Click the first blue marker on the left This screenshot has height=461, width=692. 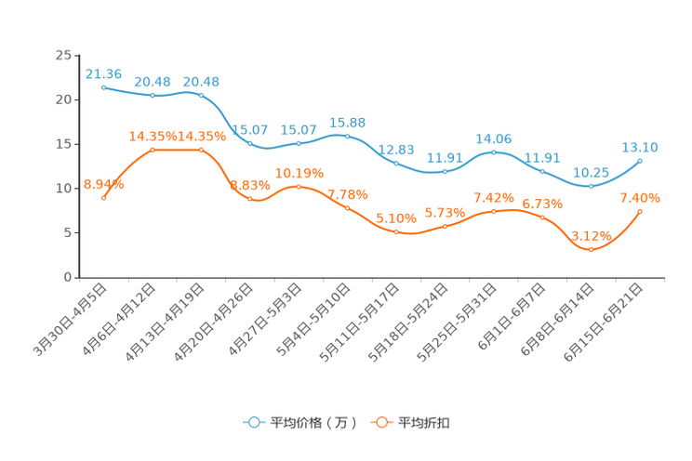[x=103, y=86]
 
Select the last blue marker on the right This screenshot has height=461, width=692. [x=640, y=161]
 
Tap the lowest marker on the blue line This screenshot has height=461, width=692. [x=591, y=186]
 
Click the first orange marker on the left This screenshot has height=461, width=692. [x=103, y=196]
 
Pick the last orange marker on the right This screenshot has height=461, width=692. [x=640, y=212]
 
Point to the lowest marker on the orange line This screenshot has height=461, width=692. [x=591, y=249]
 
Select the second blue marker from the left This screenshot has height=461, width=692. [x=153, y=95]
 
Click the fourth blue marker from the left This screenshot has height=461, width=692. [x=250, y=143]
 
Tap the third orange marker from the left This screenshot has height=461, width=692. [x=201, y=149]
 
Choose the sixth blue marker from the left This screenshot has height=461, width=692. [x=347, y=136]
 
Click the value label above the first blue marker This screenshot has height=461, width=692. [x=103, y=73]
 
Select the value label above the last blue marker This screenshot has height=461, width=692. [x=640, y=146]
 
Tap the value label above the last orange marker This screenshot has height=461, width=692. [x=640, y=198]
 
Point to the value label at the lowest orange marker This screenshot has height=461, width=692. [x=591, y=235]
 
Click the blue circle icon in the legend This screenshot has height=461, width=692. [x=254, y=422]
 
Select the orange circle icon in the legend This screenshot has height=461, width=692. [x=380, y=422]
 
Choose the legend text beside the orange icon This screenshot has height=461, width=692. [x=424, y=423]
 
